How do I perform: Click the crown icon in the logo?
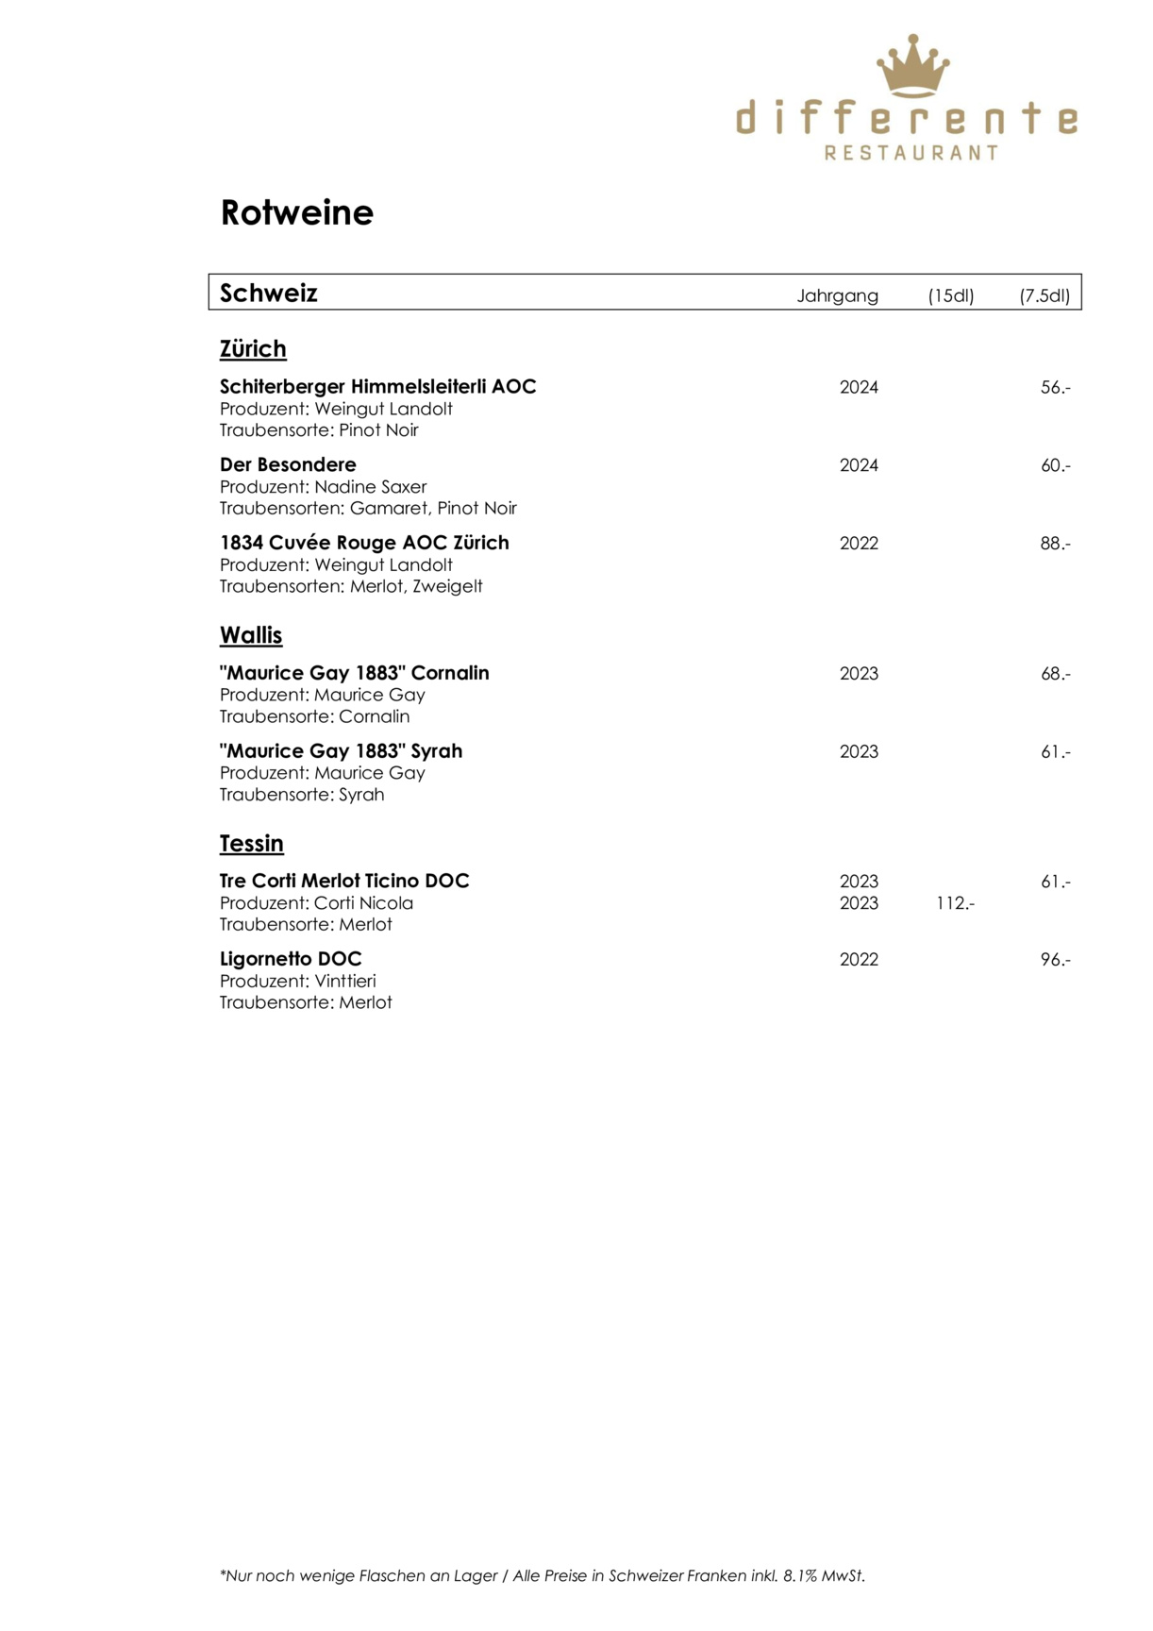point(912,65)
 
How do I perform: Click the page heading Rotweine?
point(296,212)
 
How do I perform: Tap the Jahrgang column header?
point(837,295)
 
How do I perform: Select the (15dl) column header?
point(950,295)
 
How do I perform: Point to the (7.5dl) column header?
point(1044,295)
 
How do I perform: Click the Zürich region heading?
point(253,349)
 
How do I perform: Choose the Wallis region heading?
point(251,635)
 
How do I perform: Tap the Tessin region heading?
point(251,843)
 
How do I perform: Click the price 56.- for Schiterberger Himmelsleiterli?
point(1055,387)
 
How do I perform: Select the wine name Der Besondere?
point(288,464)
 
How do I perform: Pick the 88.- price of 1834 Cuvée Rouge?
point(1055,544)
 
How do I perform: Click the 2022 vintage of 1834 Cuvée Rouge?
point(859,544)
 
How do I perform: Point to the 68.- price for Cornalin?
point(1055,674)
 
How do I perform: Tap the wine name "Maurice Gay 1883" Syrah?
point(341,751)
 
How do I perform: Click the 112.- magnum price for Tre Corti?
point(955,903)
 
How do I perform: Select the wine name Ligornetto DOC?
point(291,959)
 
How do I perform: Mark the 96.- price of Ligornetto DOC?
point(1055,960)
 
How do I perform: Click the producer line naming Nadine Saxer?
point(323,487)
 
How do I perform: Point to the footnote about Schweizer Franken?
point(543,1575)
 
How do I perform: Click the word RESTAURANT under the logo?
point(911,152)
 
